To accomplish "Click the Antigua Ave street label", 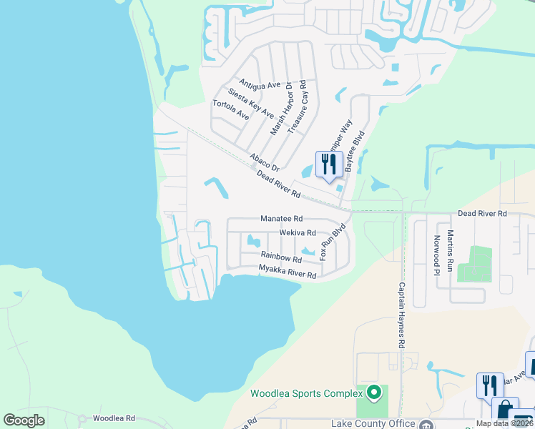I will pyautogui.click(x=260, y=85).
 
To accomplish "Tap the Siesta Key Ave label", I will pyautogui.click(x=251, y=103).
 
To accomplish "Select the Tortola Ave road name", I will pyautogui.click(x=231, y=109).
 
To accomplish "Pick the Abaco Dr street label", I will pyautogui.click(x=263, y=162).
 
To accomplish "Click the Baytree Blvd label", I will pyautogui.click(x=355, y=150).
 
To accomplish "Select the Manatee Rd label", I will pyautogui.click(x=282, y=218).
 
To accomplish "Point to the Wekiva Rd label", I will pyautogui.click(x=298, y=232).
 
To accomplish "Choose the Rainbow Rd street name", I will pyautogui.click(x=281, y=257).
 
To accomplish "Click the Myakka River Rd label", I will pyautogui.click(x=287, y=272).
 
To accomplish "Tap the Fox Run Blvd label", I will pyautogui.click(x=333, y=243).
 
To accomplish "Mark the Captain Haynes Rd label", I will pyautogui.click(x=401, y=315).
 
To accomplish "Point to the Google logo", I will pyautogui.click(x=24, y=420).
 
